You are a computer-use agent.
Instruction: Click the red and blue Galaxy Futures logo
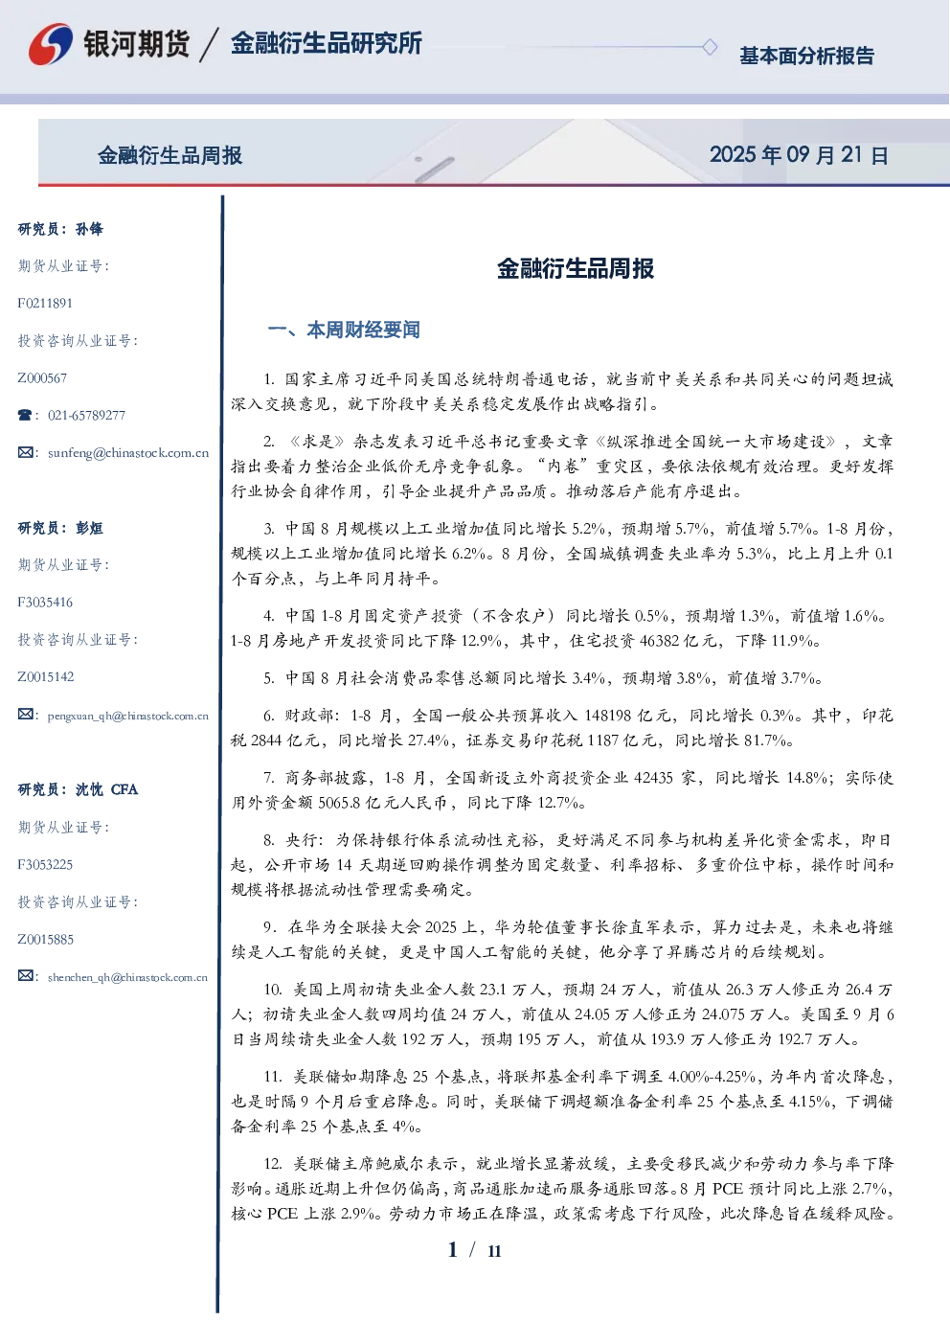51,44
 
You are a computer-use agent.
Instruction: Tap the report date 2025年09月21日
799,155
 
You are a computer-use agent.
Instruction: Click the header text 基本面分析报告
806,56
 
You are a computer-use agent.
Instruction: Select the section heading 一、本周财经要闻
344,330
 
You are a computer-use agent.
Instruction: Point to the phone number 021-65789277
86,415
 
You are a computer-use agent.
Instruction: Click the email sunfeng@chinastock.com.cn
128,453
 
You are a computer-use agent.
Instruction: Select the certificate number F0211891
45,303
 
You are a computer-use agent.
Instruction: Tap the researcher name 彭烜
89,528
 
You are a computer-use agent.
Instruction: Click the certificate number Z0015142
46,677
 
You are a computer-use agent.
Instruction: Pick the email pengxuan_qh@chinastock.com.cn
127,716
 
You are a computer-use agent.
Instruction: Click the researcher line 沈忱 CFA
106,789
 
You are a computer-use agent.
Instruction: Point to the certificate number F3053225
45,865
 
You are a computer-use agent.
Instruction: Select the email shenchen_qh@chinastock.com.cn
127,977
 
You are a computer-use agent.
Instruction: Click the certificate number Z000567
42,378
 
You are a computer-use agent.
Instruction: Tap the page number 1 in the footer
453,1250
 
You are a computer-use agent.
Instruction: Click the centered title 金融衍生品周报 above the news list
576,268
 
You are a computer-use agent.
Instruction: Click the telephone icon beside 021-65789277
25,415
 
